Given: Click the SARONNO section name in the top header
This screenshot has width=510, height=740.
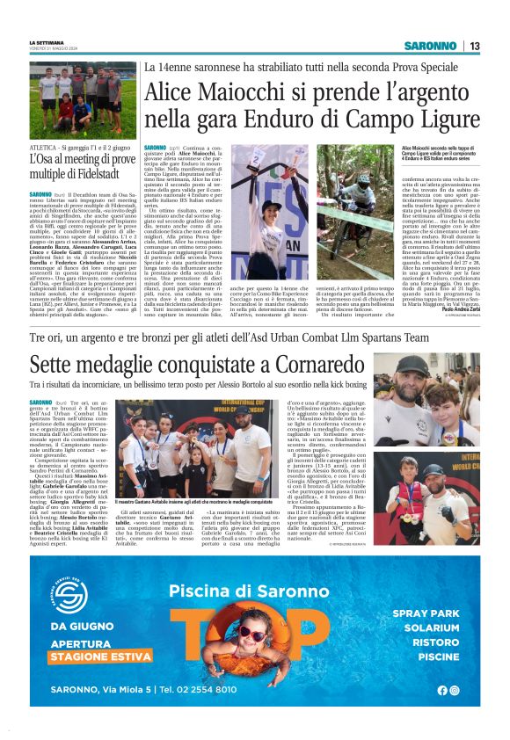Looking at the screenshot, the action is (x=431, y=46).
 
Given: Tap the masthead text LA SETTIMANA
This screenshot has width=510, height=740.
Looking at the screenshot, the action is (x=47, y=42).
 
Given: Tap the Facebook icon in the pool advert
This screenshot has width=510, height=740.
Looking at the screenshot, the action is (x=441, y=689).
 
